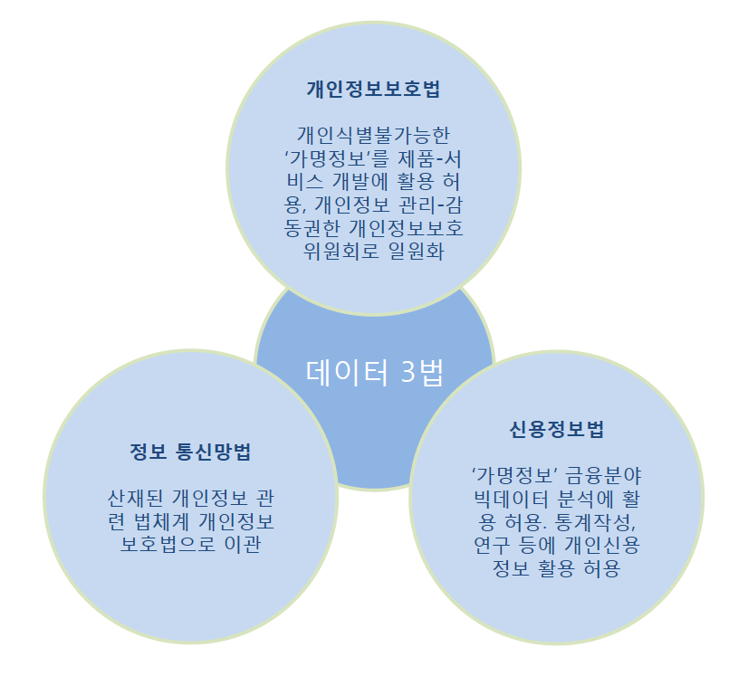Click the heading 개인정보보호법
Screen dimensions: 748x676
(373, 90)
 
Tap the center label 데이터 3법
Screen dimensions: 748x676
(374, 373)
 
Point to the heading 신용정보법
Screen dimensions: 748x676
(556, 430)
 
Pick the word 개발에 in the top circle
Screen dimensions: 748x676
(364, 180)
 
